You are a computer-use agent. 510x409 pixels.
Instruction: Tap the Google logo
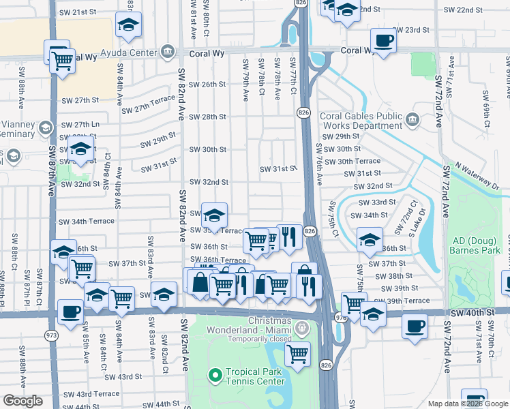coord(22,401)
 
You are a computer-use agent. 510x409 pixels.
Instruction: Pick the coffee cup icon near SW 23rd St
coord(383,40)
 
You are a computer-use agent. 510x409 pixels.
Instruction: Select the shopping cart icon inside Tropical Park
coord(297,354)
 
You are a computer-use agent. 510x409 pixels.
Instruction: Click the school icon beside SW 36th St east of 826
coord(370,239)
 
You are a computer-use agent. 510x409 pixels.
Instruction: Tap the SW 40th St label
coord(471,312)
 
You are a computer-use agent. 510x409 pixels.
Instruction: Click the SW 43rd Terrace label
coord(97,394)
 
